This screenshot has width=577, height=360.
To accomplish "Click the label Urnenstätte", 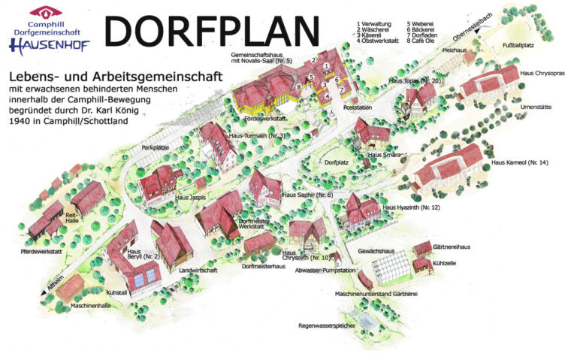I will (536, 107).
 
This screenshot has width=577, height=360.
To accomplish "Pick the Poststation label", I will (358, 107).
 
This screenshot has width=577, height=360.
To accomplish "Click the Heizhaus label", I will (456, 50).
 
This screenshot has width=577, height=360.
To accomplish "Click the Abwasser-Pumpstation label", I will (325, 269).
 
